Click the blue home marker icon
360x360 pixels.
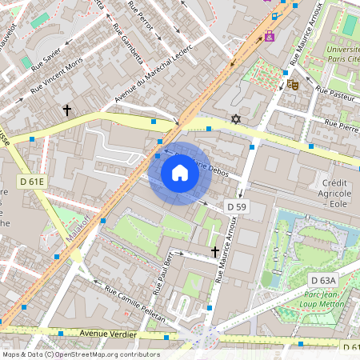[180, 173]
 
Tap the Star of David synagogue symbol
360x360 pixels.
[235, 119]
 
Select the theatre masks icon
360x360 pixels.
[292, 82]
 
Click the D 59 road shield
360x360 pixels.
[236, 206]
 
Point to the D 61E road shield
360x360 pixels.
[31, 181]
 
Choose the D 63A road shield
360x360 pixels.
[323, 279]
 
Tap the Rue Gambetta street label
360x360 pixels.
[128, 47]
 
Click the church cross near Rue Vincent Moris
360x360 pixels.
[67, 109]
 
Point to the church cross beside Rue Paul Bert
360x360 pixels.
[214, 251]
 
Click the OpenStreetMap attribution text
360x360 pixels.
[81, 354]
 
